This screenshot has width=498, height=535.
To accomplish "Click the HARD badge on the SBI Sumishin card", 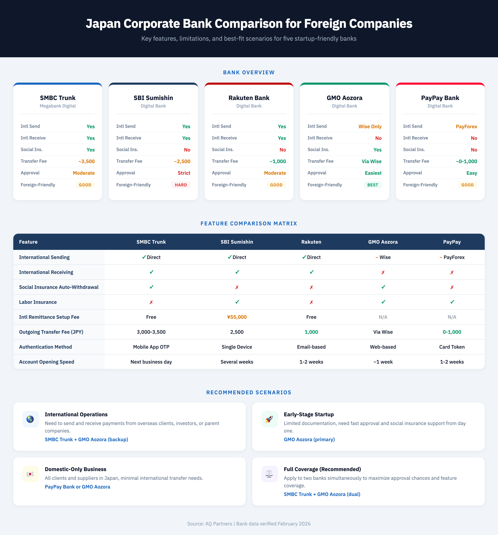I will pyautogui.click(x=181, y=185).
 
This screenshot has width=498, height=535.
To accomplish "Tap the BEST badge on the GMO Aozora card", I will pyautogui.click(x=373, y=185).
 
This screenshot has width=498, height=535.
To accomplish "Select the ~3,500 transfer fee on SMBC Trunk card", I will pyautogui.click(x=86, y=161).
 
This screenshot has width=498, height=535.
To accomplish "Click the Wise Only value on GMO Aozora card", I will pyautogui.click(x=370, y=126).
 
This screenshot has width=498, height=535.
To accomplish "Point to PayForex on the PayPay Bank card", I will pyautogui.click(x=466, y=126).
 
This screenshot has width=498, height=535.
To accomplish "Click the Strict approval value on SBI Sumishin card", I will pyautogui.click(x=184, y=173).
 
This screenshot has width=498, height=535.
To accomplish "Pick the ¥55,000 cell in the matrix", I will pyautogui.click(x=237, y=317).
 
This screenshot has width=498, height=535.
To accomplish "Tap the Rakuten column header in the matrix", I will pyautogui.click(x=311, y=242).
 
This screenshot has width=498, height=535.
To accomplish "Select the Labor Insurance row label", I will pyautogui.click(x=38, y=302).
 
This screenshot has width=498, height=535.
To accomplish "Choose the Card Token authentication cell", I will pyautogui.click(x=452, y=347).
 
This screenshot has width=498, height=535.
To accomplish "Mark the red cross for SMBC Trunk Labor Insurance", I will pyautogui.click(x=151, y=302).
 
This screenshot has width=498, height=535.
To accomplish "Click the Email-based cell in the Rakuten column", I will pyautogui.click(x=311, y=347).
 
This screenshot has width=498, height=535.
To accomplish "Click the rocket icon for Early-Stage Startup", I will pyautogui.click(x=269, y=419).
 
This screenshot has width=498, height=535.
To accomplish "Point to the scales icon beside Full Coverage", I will pyautogui.click(x=269, y=474).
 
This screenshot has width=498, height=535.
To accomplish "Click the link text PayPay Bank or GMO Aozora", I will pyautogui.click(x=77, y=487).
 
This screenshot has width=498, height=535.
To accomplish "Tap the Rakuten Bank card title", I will pyautogui.click(x=249, y=98).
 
